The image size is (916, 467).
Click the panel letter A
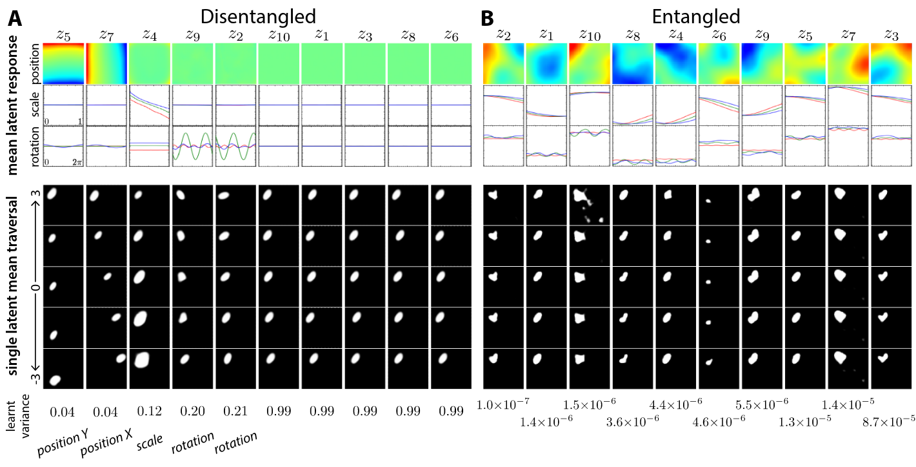(x=14, y=19)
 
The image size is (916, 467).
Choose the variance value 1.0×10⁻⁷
(x=503, y=404)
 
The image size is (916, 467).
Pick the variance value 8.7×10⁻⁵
(x=889, y=420)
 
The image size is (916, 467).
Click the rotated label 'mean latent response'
(x=13, y=105)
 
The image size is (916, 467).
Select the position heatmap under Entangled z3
(x=890, y=63)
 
